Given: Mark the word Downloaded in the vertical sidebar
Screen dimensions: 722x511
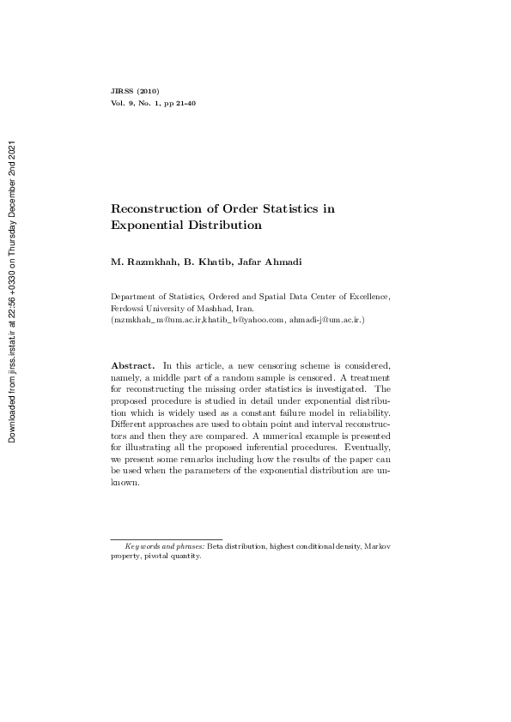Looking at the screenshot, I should [x=14, y=412].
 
